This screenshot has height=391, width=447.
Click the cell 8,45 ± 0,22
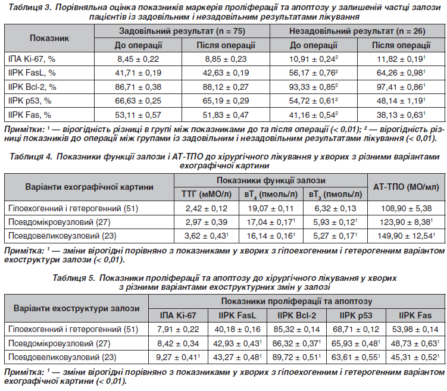138,59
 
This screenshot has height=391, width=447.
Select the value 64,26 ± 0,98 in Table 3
401,73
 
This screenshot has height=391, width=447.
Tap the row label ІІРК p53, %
30,101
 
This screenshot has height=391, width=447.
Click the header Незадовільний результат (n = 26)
357,31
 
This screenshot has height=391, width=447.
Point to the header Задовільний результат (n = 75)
182,31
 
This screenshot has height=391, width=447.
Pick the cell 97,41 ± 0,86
401,87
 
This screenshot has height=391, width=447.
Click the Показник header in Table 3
49,38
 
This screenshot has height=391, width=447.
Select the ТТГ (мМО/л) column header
207,195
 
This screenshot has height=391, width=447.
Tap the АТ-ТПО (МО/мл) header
407,187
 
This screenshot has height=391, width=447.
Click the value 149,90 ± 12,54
407,236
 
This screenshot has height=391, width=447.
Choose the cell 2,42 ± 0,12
207,208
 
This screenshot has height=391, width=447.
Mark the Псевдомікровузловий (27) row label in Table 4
60,223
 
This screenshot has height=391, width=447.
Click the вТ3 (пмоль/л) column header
335,195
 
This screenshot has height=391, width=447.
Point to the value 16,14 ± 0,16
271,236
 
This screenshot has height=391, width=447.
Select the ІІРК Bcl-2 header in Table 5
296,315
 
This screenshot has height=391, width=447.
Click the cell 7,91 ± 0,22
178,330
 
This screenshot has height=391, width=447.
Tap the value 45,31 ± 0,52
415,357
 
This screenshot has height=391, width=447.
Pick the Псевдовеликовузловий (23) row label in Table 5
62,357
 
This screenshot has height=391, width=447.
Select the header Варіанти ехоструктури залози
76,309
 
